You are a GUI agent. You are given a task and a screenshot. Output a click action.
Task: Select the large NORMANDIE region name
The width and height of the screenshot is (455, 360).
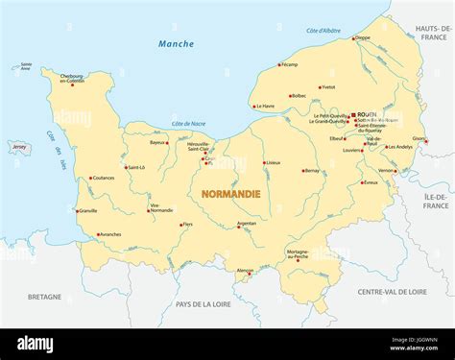(x=230, y=194)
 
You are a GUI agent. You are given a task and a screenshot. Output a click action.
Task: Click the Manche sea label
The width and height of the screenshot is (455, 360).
(x=176, y=44)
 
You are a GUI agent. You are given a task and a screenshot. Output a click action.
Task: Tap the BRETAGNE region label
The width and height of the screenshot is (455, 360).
(x=44, y=298)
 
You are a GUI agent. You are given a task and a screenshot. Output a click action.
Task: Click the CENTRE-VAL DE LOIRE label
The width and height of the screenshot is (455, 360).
(x=392, y=292)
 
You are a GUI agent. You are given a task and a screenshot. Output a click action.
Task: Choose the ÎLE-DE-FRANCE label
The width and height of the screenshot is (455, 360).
(x=435, y=201)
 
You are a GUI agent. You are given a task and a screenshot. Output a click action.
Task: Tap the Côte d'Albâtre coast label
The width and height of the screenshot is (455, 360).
(x=323, y=32)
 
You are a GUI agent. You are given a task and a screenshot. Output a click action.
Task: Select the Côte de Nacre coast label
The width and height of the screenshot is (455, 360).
(x=189, y=125)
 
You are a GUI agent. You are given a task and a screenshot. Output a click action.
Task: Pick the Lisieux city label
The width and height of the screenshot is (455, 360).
(x=274, y=162)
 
